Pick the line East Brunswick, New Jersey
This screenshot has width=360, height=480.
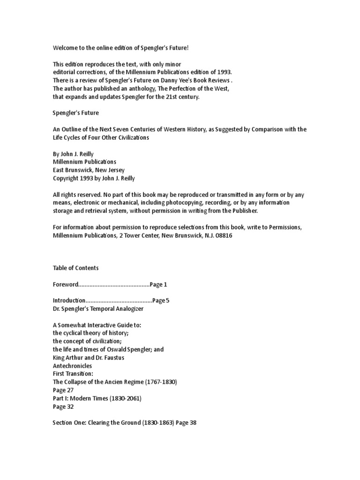89,170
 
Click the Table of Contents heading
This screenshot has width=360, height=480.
75,268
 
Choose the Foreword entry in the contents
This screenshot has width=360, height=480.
65,284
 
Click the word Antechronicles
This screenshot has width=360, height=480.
72,366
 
